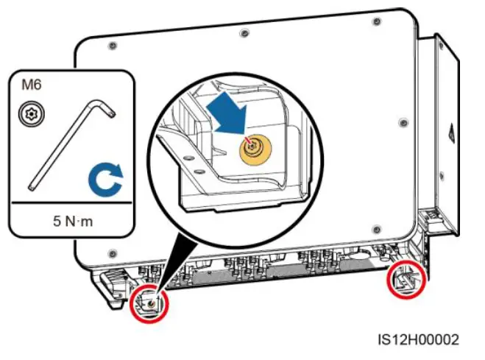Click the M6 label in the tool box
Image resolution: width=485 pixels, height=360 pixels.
[x=31, y=85]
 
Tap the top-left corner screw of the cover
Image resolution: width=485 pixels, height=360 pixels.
[x=112, y=46]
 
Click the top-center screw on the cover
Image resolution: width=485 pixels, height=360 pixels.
[x=244, y=32]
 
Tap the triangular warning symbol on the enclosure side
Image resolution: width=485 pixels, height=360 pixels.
[x=450, y=135]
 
